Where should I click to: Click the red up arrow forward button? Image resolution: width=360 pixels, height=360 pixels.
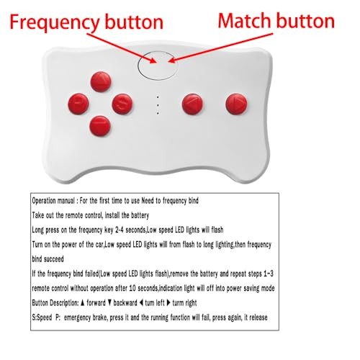tap(101, 82)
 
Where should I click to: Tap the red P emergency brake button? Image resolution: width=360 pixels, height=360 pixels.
tap(78, 104)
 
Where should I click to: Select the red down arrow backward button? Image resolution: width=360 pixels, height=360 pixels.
tap(100, 126)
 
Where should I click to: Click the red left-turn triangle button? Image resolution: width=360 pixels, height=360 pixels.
tap(192, 104)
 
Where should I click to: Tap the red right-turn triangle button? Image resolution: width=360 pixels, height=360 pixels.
tap(236, 104)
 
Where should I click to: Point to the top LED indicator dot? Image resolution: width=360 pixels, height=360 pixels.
tap(158, 97)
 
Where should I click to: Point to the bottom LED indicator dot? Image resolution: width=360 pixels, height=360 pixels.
tap(158, 113)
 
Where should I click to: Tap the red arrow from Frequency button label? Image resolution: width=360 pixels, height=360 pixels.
tap(122, 48)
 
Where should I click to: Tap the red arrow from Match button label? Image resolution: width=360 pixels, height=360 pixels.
tap(220, 48)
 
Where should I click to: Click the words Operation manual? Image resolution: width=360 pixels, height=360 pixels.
tap(53, 201)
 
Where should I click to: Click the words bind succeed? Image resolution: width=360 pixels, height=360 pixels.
tap(48, 259)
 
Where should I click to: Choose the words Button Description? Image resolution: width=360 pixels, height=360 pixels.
tap(55, 303)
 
